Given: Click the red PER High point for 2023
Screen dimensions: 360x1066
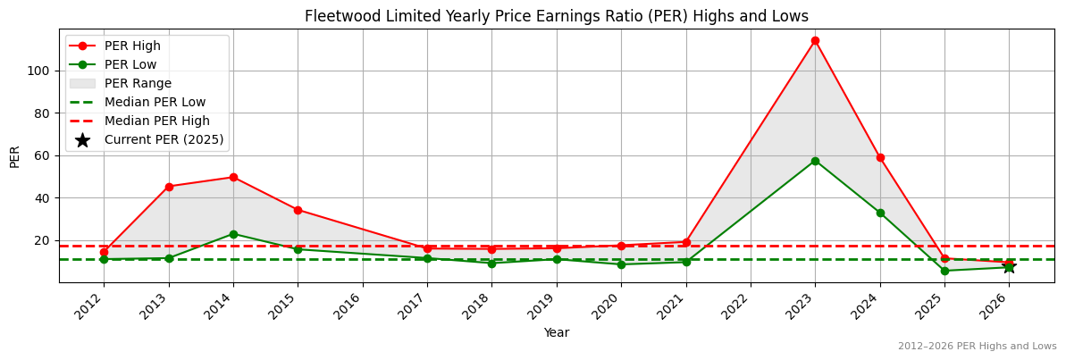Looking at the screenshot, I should pyautogui.click(x=815, y=40).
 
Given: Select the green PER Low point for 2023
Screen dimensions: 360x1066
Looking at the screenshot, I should pyautogui.click(x=815, y=161).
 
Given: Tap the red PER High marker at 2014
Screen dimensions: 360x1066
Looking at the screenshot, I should pyautogui.click(x=233, y=177).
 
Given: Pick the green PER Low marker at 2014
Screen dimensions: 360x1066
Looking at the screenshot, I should pyautogui.click(x=233, y=234).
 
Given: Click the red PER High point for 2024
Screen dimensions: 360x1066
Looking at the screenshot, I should pyautogui.click(x=880, y=157).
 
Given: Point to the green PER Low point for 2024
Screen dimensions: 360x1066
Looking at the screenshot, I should pyautogui.click(x=880, y=213).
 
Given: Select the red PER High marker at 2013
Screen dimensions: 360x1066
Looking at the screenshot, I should pyautogui.click(x=169, y=187).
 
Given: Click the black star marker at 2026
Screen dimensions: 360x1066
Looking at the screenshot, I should pyautogui.click(x=1009, y=266).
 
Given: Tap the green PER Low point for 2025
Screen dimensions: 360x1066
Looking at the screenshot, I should pyautogui.click(x=944, y=271).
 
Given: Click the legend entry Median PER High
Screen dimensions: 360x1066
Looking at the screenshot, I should pyautogui.click(x=156, y=121).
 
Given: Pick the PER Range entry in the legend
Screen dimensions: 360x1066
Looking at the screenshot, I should pyautogui.click(x=138, y=83).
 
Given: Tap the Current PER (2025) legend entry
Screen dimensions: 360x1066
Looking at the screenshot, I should pyautogui.click(x=164, y=139).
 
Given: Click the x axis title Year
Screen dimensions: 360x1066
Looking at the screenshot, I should pyautogui.click(x=556, y=332).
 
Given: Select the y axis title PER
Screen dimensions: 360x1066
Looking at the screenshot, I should pyautogui.click(x=14, y=156).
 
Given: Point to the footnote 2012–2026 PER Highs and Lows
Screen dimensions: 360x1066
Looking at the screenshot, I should pyautogui.click(x=977, y=347).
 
